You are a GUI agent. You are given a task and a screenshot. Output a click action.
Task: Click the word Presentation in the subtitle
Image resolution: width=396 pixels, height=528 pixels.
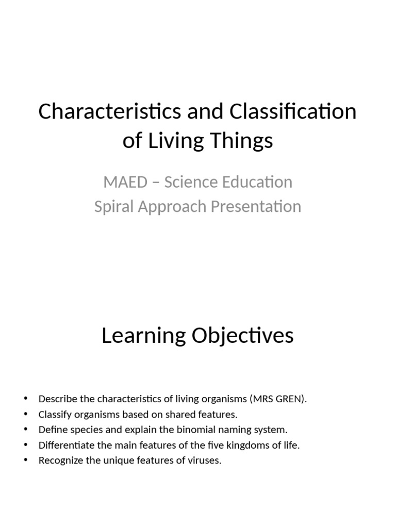[249, 206]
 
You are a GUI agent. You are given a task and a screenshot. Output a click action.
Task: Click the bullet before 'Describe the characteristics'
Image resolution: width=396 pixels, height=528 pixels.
[25, 399]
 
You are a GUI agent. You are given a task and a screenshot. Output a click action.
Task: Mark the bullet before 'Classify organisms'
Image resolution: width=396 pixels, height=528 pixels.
[25, 414]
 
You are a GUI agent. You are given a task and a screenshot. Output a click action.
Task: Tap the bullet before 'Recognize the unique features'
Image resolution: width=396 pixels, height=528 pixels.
[25, 460]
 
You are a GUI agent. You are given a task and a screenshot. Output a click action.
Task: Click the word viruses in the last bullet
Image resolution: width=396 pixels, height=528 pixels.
[205, 460]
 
